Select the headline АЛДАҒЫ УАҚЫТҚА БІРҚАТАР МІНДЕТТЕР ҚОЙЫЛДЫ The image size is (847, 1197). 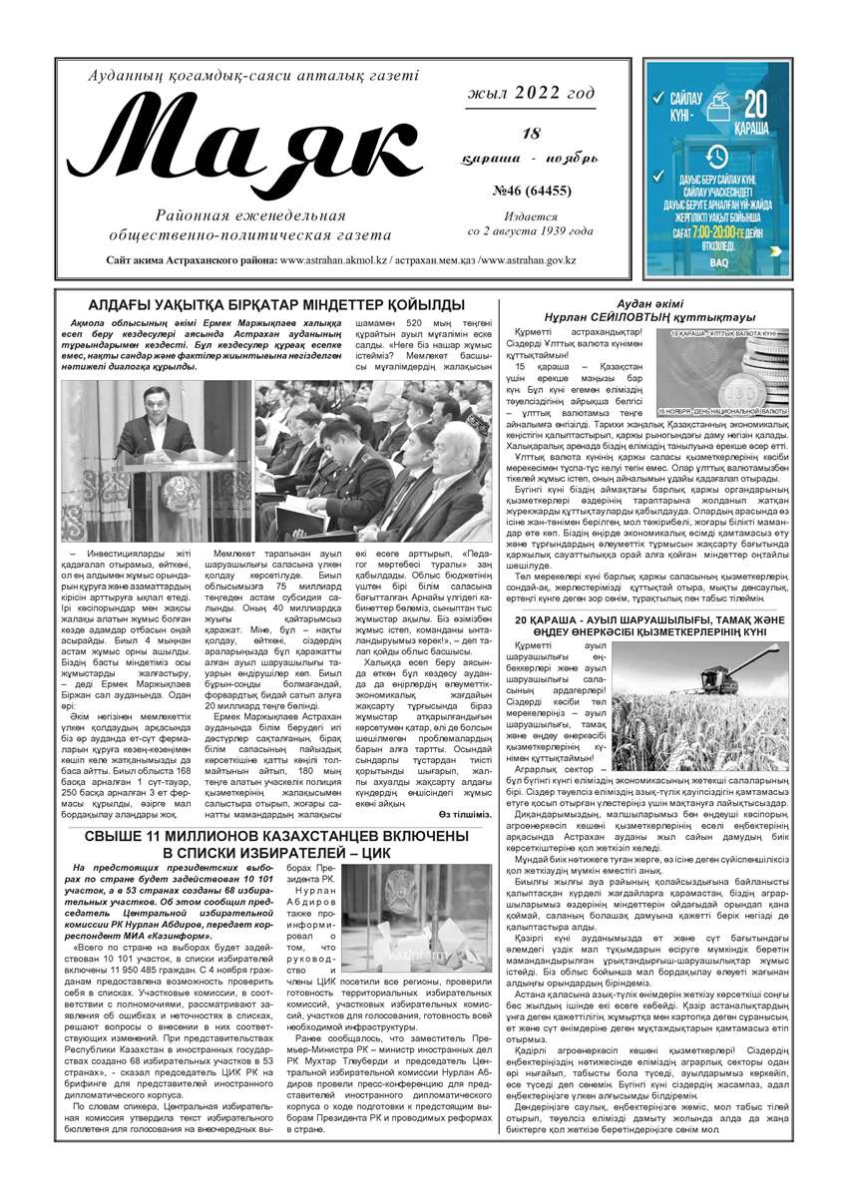(262, 303)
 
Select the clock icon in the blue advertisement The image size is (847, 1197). (716, 156)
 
